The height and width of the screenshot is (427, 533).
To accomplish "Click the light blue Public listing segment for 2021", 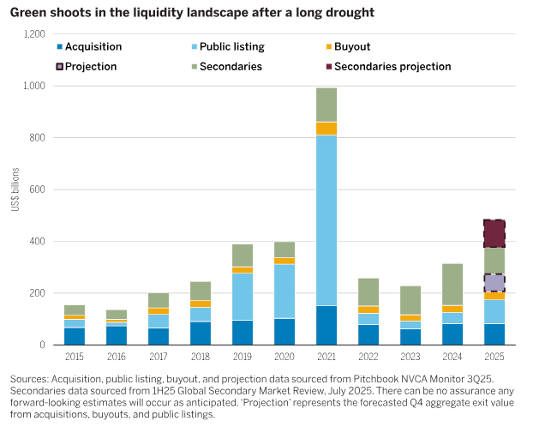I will click(x=326, y=220).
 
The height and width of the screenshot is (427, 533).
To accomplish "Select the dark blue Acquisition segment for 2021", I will click(x=326, y=325).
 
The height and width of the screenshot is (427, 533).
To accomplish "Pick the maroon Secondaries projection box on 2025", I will click(x=494, y=233).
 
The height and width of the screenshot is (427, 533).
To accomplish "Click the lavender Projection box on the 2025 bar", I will click(x=494, y=284).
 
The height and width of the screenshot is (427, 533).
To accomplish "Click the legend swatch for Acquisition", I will click(x=58, y=46).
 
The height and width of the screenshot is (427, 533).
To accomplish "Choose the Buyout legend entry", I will click(x=350, y=46).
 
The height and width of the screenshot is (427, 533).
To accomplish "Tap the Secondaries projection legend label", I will click(x=392, y=66).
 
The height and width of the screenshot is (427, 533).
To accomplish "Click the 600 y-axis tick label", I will click(x=36, y=189).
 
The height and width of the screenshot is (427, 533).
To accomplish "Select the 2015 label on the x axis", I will click(x=75, y=357).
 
